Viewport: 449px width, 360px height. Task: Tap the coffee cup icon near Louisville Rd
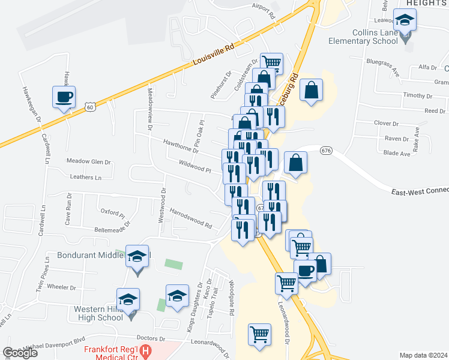click(64, 97)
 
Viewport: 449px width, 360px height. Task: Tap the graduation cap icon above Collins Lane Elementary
click(405, 20)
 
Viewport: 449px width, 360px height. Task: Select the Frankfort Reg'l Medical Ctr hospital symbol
click(145, 349)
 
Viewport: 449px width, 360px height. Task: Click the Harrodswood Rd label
click(191, 219)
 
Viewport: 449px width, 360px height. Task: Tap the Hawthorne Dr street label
click(181, 146)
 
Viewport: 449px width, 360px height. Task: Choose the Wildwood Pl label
click(195, 166)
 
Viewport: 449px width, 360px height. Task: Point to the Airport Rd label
click(263, 10)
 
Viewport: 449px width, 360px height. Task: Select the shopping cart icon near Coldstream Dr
click(271, 62)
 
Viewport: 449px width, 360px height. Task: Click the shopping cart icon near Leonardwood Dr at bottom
click(259, 334)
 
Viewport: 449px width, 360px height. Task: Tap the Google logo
click(20, 352)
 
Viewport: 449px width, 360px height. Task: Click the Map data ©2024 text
click(423, 355)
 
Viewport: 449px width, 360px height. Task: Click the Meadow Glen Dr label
click(89, 161)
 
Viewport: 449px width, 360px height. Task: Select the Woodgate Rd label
click(231, 296)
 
